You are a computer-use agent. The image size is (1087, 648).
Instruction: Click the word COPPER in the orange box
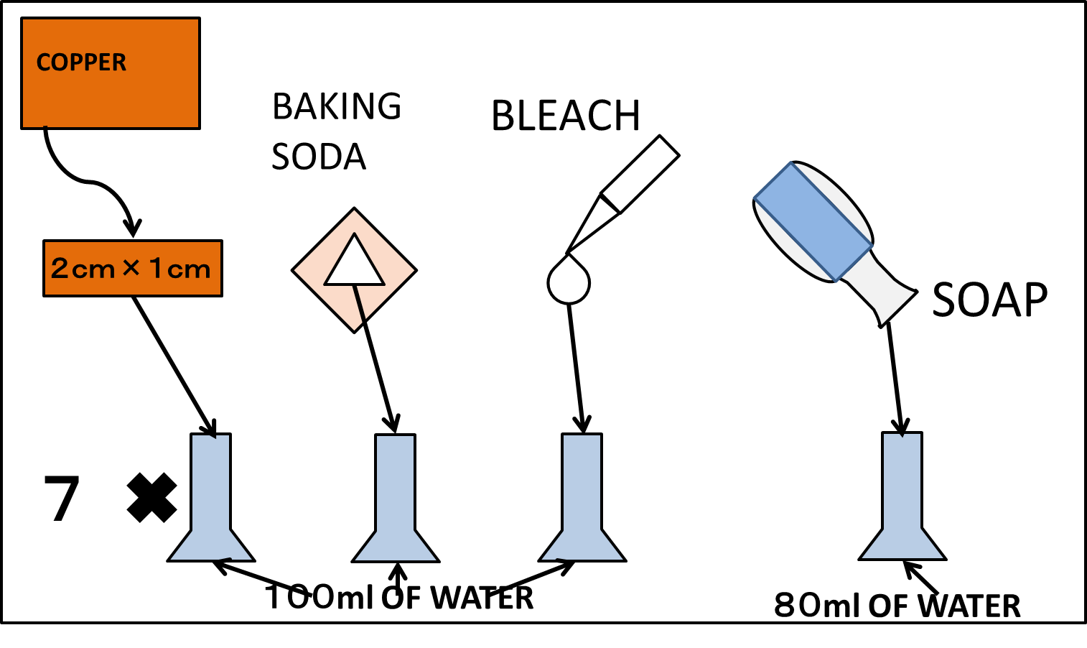pyautogui.click(x=81, y=62)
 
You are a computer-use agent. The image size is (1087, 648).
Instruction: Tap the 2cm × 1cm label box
pyautogui.click(x=133, y=268)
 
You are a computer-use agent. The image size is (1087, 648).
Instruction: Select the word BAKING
pyautogui.click(x=337, y=106)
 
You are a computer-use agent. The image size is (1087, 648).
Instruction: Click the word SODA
pyautogui.click(x=318, y=157)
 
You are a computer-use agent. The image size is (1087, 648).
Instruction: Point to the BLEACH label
pyautogui.click(x=566, y=116)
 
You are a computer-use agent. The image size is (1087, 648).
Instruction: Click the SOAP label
pyautogui.click(x=990, y=300)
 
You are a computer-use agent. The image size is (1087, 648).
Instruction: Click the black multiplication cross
pyautogui.click(x=152, y=498)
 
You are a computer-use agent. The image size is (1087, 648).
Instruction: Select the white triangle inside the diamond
pyautogui.click(x=354, y=260)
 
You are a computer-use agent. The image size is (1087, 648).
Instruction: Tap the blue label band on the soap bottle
pyautogui.click(x=813, y=221)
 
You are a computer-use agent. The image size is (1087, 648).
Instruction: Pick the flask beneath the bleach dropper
pyautogui.click(x=582, y=498)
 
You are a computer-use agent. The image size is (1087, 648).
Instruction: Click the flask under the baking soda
pyautogui.click(x=396, y=499)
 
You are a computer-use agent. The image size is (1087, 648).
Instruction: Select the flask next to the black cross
pyautogui.click(x=211, y=498)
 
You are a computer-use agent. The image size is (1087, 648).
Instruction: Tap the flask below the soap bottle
pyautogui.click(x=902, y=496)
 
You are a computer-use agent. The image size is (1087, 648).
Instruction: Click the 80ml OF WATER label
pyautogui.click(x=897, y=606)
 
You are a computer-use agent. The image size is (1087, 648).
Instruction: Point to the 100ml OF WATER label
pyautogui.click(x=399, y=597)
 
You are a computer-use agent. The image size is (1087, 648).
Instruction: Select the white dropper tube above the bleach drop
pyautogui.click(x=623, y=194)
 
